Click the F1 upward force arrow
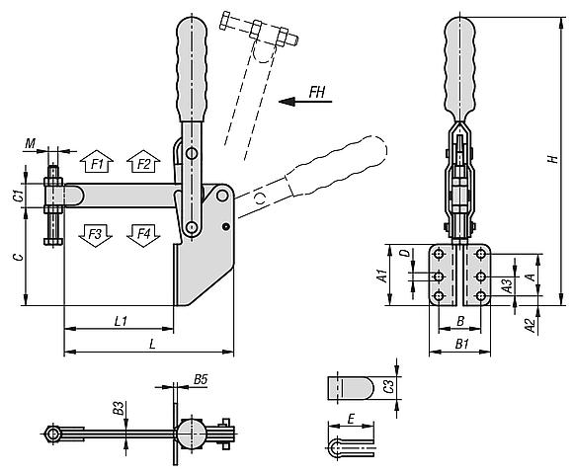[x=97, y=161]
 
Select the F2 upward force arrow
[x=143, y=161]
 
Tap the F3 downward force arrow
[x=96, y=236]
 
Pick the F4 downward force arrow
[x=143, y=236]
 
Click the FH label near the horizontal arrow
[x=317, y=92]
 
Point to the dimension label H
[x=552, y=159]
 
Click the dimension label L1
[x=121, y=321]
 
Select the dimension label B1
[x=462, y=344]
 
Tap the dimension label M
[x=30, y=143]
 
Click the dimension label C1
[x=19, y=196]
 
